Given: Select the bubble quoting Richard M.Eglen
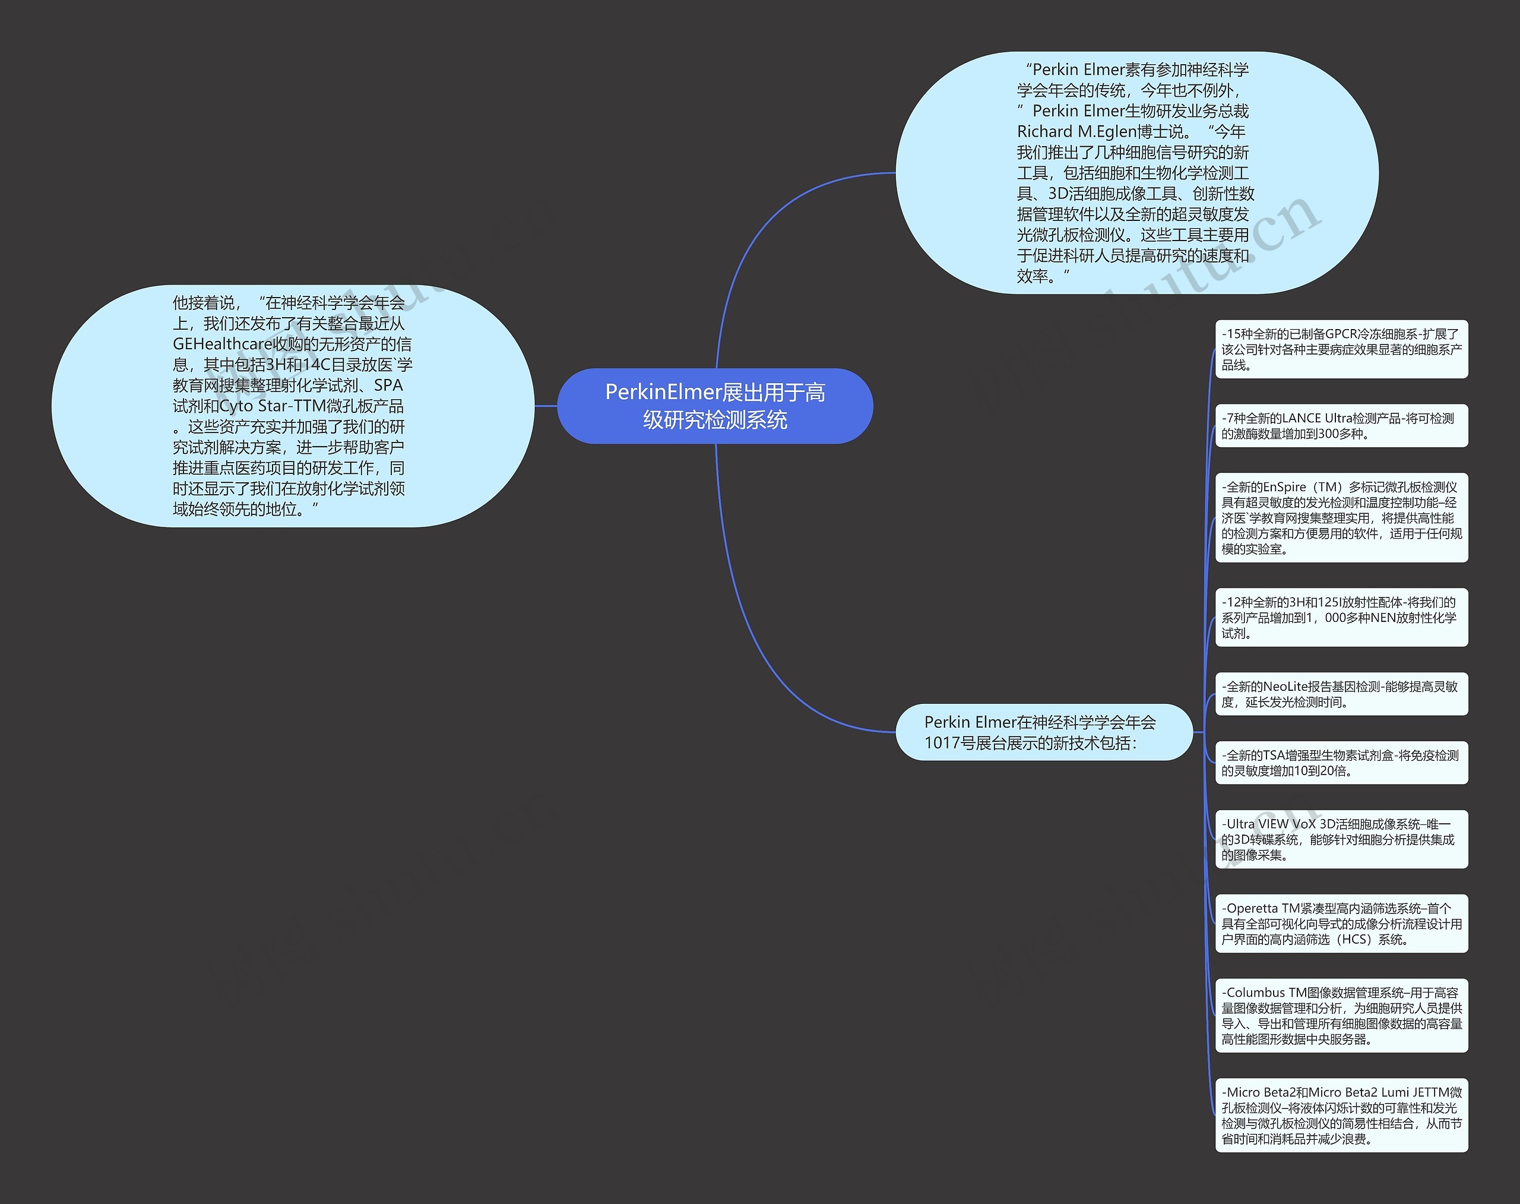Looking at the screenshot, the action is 1136,173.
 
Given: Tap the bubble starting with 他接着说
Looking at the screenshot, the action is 293,406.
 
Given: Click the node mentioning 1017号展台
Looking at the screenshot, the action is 1044,732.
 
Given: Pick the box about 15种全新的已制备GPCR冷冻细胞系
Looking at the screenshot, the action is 1341,349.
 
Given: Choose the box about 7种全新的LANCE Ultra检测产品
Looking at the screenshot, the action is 1341,426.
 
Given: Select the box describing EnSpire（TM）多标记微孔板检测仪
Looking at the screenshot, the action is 1341,517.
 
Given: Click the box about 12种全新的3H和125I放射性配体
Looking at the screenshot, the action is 1341,618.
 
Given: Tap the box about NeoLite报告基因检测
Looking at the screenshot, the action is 1341,694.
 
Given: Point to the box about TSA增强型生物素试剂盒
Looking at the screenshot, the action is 1341,763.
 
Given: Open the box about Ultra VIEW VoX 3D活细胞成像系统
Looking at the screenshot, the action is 1341,839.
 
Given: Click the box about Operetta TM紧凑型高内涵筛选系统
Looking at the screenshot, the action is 1341,924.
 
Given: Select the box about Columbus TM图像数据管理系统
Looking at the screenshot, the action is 1341,1016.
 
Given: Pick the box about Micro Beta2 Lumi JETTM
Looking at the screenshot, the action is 1341,1115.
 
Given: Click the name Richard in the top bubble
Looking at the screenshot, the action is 1045,132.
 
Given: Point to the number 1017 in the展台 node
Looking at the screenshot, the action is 940,743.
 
